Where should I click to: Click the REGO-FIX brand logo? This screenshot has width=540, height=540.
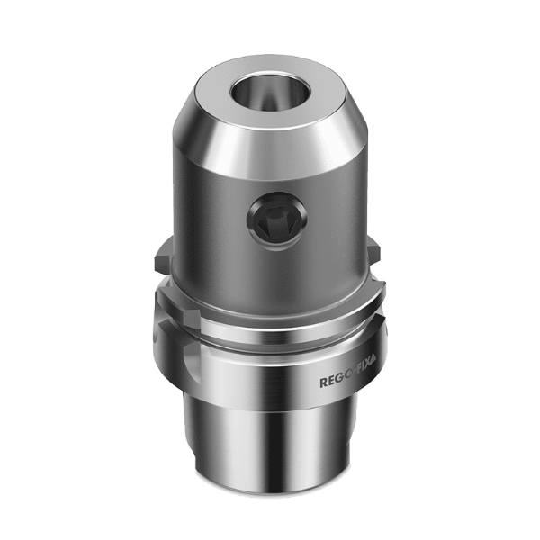coord(352,382)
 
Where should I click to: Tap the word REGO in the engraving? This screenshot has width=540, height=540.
coord(334,382)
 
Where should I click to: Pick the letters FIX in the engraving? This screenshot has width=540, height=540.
coord(362,381)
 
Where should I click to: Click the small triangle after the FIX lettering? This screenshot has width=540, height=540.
coord(380,379)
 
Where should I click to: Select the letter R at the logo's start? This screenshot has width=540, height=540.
coord(324,383)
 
